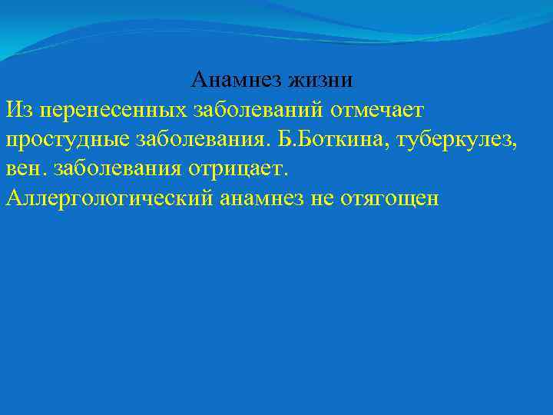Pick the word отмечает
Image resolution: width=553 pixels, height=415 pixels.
coord(377,109)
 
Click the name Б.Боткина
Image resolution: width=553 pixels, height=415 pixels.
coord(325,139)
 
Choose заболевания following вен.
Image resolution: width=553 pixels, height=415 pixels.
coord(120,168)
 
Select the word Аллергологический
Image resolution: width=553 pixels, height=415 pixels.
coord(110,198)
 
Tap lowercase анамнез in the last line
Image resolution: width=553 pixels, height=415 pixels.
coord(261,198)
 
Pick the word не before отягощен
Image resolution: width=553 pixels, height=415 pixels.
coord(322,198)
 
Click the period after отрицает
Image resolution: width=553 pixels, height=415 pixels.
coord(286,174)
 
